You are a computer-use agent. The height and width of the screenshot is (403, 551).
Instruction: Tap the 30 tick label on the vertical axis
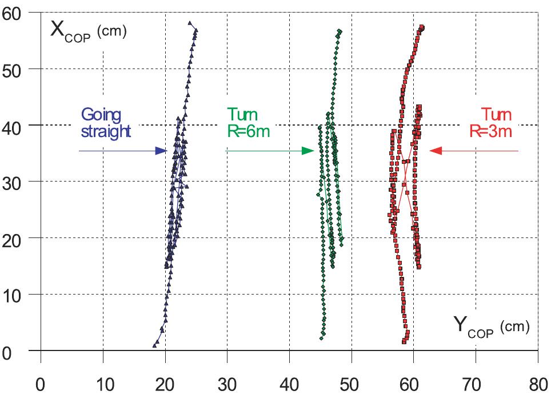tap(14, 182)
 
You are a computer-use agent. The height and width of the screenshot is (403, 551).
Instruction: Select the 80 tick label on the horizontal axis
tap(537, 384)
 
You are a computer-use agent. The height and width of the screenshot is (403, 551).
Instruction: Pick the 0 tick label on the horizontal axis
tap(41, 384)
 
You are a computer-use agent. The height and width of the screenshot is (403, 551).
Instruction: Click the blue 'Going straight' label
tap(106, 122)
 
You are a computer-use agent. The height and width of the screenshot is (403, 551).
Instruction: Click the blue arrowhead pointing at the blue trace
tap(161, 151)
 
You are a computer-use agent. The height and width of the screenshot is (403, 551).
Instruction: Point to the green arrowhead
tap(309, 151)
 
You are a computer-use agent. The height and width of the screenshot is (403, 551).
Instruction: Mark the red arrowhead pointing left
tap(436, 151)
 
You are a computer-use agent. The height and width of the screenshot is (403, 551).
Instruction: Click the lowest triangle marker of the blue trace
tap(155, 345)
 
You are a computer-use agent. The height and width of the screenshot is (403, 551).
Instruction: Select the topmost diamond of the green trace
tap(340, 31)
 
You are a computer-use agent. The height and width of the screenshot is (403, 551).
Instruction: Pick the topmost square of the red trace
tap(422, 27)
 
